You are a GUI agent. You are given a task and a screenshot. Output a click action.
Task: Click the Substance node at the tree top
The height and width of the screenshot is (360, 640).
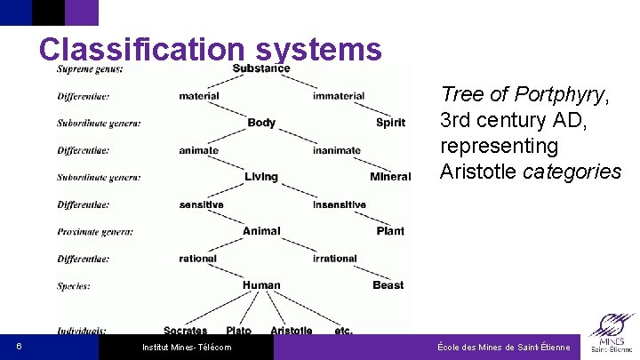(x=261, y=68)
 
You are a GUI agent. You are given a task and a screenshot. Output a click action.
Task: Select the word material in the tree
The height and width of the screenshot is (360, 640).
(x=199, y=96)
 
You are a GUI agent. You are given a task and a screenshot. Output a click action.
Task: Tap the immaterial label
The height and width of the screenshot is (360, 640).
(x=339, y=96)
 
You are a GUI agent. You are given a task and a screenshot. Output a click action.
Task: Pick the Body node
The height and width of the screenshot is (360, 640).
(x=261, y=123)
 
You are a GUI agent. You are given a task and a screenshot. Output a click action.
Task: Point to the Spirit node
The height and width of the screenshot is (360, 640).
(x=390, y=123)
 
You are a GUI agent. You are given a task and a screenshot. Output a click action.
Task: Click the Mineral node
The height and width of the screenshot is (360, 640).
(x=390, y=177)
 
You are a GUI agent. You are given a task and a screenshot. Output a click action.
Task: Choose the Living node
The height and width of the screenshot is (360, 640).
(x=261, y=177)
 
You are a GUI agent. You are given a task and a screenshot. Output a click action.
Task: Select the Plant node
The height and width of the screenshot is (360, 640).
(x=390, y=231)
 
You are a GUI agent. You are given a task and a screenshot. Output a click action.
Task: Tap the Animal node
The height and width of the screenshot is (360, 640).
(x=261, y=231)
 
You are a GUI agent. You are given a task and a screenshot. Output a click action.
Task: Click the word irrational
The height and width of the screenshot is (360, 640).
(x=335, y=259)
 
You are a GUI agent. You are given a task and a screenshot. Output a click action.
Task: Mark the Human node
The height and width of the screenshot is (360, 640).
(x=261, y=285)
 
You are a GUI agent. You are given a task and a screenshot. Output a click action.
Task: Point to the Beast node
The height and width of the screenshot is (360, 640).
(x=388, y=285)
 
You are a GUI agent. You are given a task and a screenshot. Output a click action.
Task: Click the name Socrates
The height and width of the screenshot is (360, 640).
(x=186, y=331)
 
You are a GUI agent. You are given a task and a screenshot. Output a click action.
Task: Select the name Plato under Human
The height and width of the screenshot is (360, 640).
(x=239, y=331)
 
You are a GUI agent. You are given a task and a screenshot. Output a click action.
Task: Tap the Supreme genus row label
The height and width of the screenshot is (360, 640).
(x=91, y=68)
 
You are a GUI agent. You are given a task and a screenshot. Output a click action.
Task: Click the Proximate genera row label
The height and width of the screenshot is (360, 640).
(x=95, y=231)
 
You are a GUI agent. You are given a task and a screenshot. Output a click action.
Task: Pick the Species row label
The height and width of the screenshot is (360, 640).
(x=74, y=286)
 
